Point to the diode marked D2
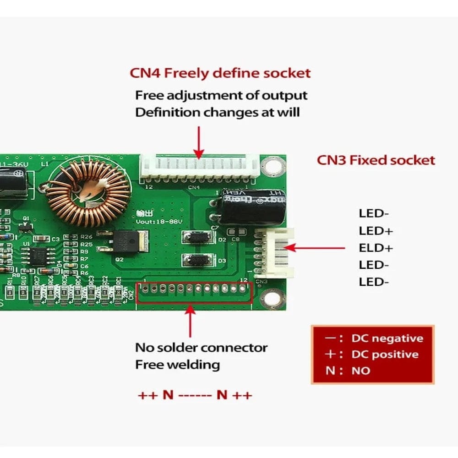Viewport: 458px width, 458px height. [198, 237]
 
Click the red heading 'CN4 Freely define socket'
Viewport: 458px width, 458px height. [220, 73]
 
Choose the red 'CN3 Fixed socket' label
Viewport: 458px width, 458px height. [376, 160]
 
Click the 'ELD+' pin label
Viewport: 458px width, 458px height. [376, 248]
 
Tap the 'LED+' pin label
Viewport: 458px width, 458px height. [376, 230]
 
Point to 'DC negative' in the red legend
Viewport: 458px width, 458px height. [387, 338]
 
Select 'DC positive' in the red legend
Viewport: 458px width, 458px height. [385, 354]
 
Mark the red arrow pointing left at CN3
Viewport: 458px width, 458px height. [316, 248]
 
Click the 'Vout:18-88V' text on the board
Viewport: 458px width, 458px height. [159, 222]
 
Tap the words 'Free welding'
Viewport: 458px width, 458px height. [177, 365]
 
